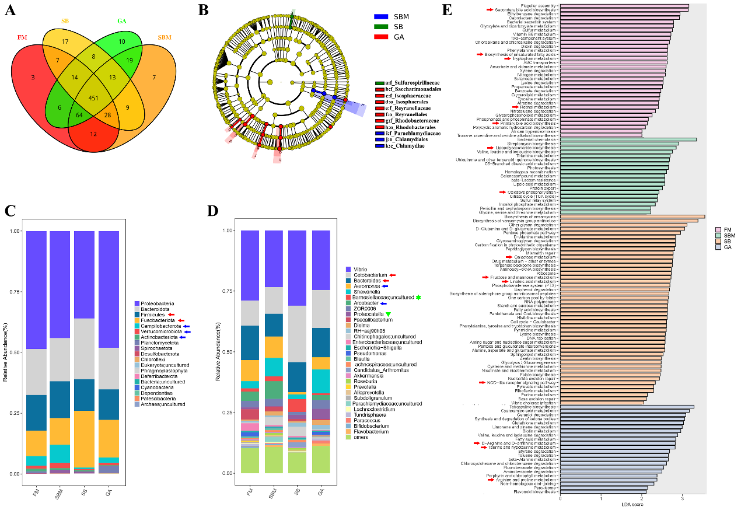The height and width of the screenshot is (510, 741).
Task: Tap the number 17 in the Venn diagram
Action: point(65,41)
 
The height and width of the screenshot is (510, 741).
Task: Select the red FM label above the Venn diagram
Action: point(22,37)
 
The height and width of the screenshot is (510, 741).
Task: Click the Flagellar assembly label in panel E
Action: point(540,5)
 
